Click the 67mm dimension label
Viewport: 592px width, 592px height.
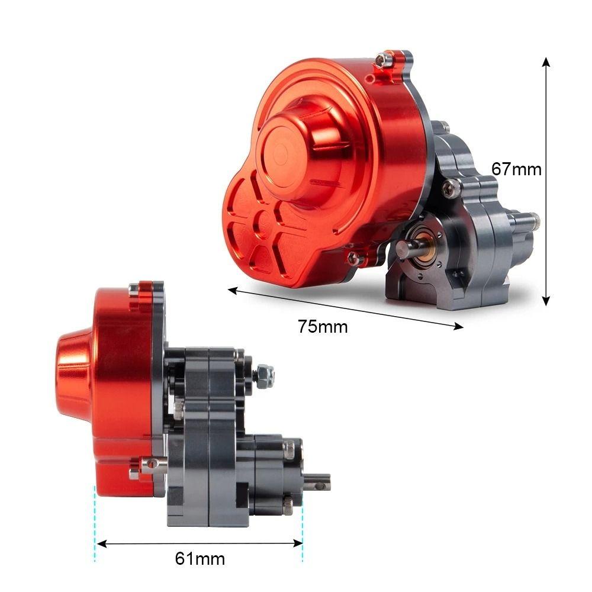(x=516, y=169)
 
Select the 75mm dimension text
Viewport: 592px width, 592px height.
(x=323, y=326)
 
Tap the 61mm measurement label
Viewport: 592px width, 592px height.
(x=200, y=558)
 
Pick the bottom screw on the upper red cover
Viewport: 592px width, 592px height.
(x=353, y=258)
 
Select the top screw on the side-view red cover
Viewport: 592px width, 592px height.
(x=135, y=289)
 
